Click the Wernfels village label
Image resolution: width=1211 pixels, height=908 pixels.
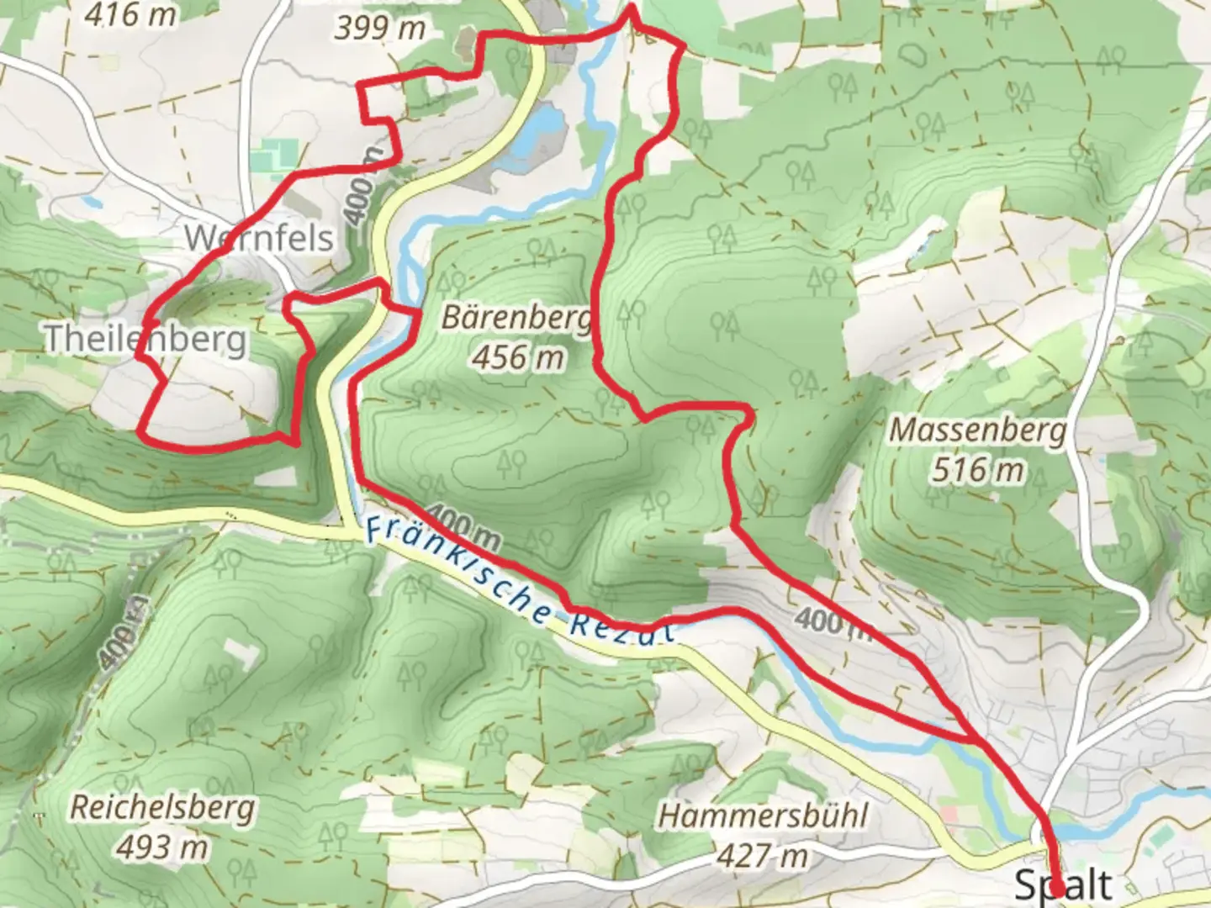pyautogui.click(x=259, y=238)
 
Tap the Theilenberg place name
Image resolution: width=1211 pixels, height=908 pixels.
pyautogui.click(x=145, y=339)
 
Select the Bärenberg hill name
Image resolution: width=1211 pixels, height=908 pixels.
pyautogui.click(x=516, y=318)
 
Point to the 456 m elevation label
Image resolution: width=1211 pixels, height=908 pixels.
pyautogui.click(x=517, y=357)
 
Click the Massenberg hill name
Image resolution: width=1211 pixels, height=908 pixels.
pyautogui.click(x=977, y=430)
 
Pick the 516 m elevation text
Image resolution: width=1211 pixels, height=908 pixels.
pyautogui.click(x=977, y=469)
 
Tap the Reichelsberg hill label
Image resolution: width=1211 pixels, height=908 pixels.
pyautogui.click(x=161, y=807)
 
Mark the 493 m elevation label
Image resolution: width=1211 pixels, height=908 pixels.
pyautogui.click(x=161, y=847)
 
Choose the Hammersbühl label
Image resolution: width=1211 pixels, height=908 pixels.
pyautogui.click(x=763, y=816)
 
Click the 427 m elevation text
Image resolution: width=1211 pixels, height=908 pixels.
pyautogui.click(x=763, y=856)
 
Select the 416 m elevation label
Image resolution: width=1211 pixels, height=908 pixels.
pyautogui.click(x=131, y=13)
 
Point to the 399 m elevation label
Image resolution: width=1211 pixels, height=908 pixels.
pyautogui.click(x=379, y=28)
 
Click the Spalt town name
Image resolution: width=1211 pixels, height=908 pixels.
pyautogui.click(x=1063, y=884)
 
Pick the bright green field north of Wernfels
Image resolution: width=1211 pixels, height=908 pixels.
pyautogui.click(x=275, y=157)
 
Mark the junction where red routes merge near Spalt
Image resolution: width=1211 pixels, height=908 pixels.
pyautogui.click(x=976, y=740)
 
